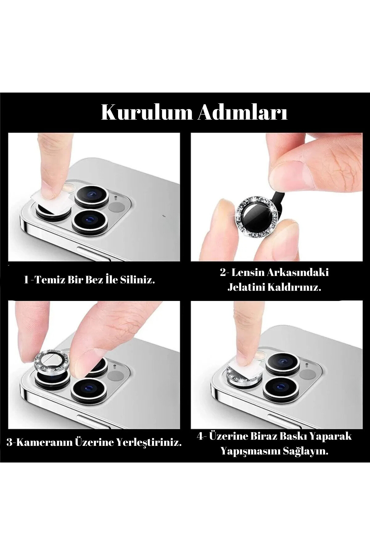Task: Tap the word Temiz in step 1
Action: point(48,280)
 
